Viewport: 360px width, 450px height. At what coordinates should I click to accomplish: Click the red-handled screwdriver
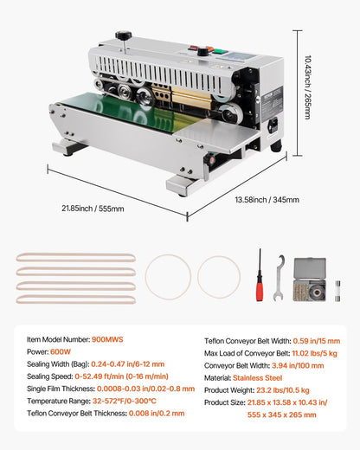(259, 276)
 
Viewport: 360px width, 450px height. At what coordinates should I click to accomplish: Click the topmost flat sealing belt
(76, 258)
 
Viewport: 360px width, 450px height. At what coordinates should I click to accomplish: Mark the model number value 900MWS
(106, 340)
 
